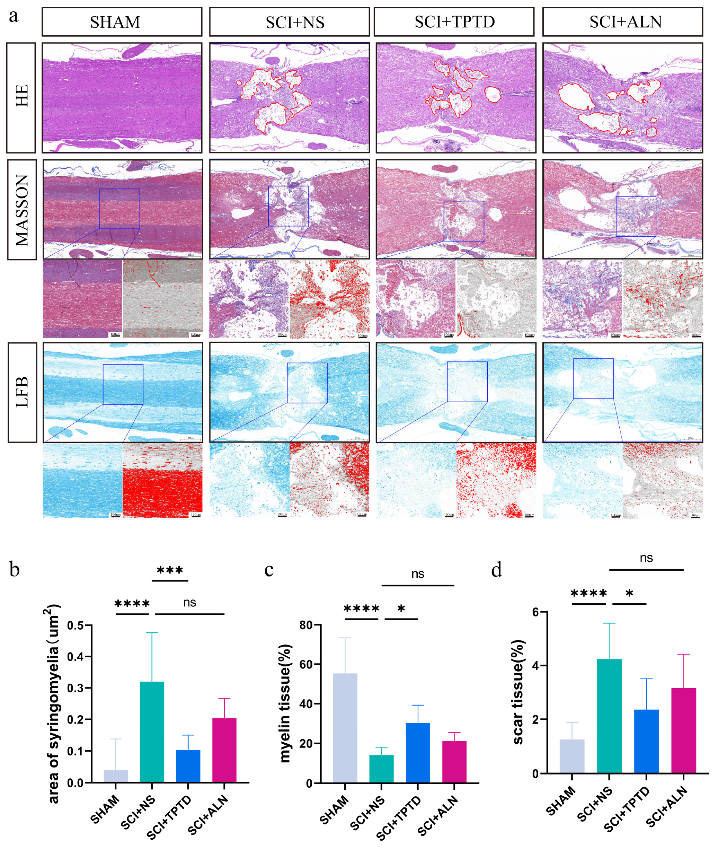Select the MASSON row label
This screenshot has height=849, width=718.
tap(21, 210)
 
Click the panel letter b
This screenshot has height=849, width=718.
tap(14, 570)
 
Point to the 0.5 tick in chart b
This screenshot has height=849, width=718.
tap(76, 625)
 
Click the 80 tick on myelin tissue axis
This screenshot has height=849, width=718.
tap(306, 625)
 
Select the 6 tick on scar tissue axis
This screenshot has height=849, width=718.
tap(536, 612)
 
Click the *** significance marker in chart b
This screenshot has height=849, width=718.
tap(170, 570)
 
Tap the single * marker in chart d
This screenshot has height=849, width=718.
tap(629, 594)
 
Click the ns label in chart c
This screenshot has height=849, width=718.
tap(418, 574)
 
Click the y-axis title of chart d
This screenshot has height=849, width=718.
tap(518, 692)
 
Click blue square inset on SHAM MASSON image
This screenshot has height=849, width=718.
tap(120, 209)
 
